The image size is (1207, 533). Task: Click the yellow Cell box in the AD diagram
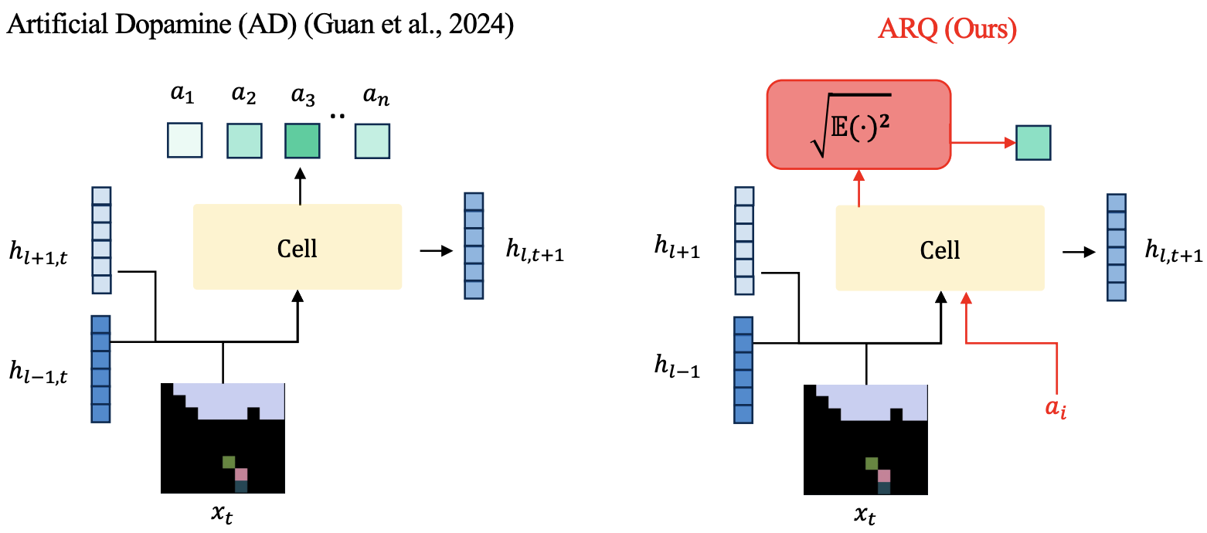(x=297, y=247)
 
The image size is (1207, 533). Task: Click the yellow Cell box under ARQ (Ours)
(x=940, y=249)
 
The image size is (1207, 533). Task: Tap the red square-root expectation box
(x=858, y=124)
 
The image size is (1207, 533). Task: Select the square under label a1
(x=184, y=141)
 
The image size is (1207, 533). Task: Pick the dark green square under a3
(x=301, y=141)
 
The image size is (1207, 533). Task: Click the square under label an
(x=372, y=141)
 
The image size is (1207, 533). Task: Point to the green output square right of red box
(x=1033, y=143)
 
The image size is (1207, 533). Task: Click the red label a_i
(x=1056, y=409)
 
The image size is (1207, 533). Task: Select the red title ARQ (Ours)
(x=947, y=29)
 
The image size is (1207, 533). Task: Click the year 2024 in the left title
(x=486, y=25)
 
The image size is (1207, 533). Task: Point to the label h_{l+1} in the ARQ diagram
(x=677, y=251)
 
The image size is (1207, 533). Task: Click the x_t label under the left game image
(x=223, y=511)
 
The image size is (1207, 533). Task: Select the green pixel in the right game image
(x=872, y=463)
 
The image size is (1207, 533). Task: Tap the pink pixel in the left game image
(x=241, y=474)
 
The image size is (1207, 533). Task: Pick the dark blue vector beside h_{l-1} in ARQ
(x=743, y=370)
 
